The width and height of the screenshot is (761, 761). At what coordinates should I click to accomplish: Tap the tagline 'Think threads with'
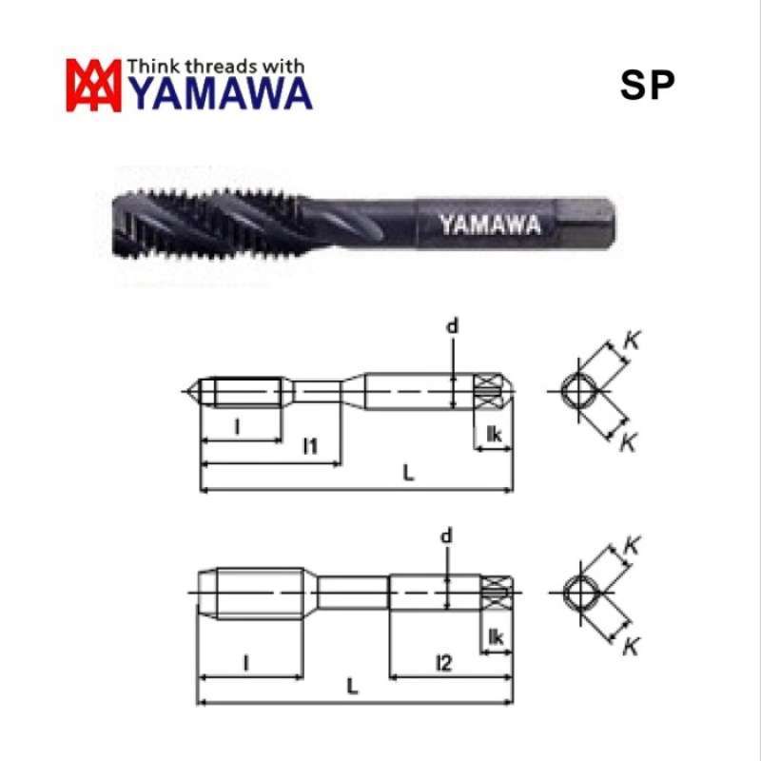pyautogui.click(x=216, y=66)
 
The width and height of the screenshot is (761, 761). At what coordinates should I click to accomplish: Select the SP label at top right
pyautogui.click(x=647, y=87)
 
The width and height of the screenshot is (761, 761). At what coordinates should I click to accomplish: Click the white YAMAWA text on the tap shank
pyautogui.click(x=490, y=224)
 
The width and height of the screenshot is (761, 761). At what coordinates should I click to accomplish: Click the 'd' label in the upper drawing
pyautogui.click(x=453, y=326)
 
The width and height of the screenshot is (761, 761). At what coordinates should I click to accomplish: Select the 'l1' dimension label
pyautogui.click(x=310, y=444)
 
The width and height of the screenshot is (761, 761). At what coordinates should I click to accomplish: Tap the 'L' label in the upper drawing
pyautogui.click(x=407, y=473)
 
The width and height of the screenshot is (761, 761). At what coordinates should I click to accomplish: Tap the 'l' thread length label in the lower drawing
pyautogui.click(x=245, y=660)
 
